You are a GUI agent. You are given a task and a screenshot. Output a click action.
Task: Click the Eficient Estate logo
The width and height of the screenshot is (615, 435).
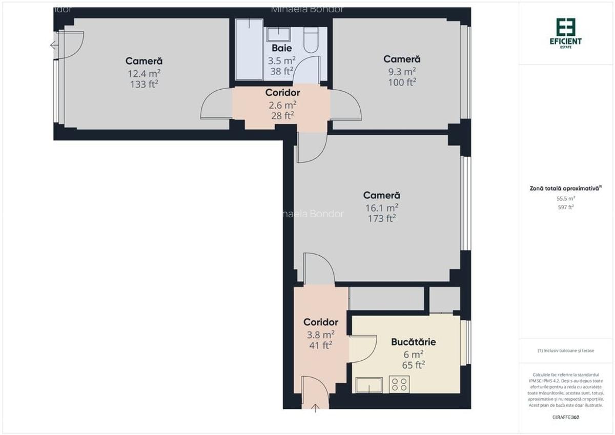pyautogui.click(x=566, y=32)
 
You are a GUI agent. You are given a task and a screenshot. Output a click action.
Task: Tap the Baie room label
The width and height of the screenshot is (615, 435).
pyautogui.click(x=282, y=48)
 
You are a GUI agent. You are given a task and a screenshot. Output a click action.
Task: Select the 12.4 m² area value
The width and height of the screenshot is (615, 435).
pyautogui.click(x=144, y=73)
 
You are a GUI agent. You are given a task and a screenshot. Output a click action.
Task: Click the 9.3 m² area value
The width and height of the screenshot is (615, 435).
pyautogui.click(x=402, y=72)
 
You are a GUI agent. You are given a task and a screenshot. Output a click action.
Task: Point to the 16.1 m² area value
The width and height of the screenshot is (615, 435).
pyautogui.click(x=382, y=208)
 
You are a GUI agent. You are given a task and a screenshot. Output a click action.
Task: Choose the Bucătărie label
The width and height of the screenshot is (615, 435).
pyautogui.click(x=414, y=342)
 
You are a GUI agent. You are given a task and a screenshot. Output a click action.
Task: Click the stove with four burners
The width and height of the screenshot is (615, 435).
pyautogui.click(x=399, y=384)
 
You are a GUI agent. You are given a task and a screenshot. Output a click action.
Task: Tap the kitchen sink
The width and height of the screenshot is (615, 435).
pyautogui.click(x=369, y=385)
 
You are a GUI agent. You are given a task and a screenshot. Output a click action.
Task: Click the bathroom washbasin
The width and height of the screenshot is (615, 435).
pyautogui.click(x=278, y=34)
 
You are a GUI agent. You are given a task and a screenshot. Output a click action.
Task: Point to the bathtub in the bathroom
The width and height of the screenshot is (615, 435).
pyautogui.click(x=250, y=50)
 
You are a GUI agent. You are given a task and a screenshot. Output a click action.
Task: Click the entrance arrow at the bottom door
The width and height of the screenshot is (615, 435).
pyautogui.click(x=315, y=408)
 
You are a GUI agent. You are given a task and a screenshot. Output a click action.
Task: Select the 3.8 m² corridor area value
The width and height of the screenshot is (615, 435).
pyautogui.click(x=320, y=334)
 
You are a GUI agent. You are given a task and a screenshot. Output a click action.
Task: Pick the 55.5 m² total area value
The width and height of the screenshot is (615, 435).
pyautogui.click(x=566, y=198)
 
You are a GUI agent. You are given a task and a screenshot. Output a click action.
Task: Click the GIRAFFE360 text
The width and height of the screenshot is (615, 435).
pyautogui.click(x=566, y=417)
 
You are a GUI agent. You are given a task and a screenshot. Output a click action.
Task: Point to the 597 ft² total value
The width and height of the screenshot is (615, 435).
pyautogui.click(x=566, y=207)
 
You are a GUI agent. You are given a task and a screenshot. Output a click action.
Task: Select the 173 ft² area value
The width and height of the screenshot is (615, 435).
pyautogui.click(x=382, y=219)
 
